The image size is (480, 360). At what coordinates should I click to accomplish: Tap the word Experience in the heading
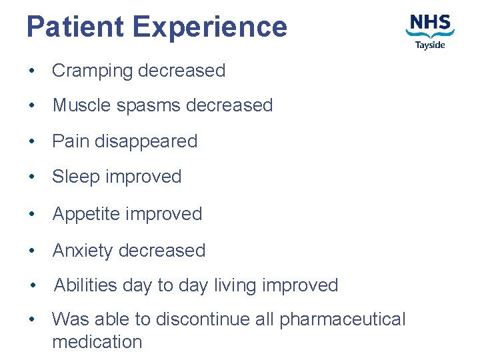[x=209, y=27]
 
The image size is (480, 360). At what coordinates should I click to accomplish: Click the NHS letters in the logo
[x=430, y=23]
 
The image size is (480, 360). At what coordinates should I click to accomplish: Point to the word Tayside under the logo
[x=430, y=45]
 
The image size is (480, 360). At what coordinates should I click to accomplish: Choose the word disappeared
[x=146, y=141]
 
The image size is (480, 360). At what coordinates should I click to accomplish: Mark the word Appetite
[x=86, y=214]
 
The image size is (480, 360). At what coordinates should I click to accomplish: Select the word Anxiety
[x=83, y=251]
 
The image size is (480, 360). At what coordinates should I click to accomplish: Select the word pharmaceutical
[x=342, y=319]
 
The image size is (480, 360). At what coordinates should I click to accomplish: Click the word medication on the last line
[x=97, y=342]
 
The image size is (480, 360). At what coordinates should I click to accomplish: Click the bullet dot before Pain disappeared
[x=32, y=142]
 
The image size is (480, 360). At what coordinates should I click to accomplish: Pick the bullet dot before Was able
[x=32, y=320]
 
